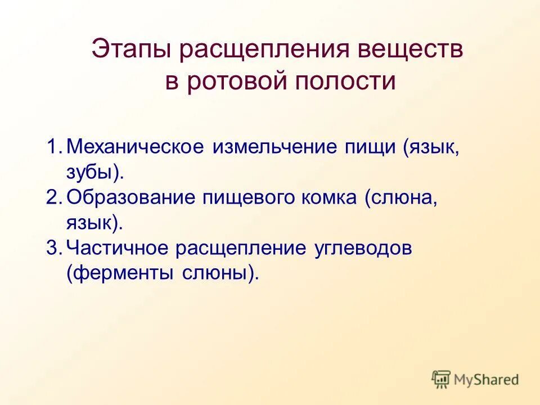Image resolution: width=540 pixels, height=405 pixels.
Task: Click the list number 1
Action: (x=53, y=147)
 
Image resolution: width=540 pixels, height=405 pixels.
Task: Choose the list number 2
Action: (x=53, y=197)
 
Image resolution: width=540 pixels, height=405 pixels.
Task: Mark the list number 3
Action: (x=53, y=247)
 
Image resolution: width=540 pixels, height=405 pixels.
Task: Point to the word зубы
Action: (x=90, y=173)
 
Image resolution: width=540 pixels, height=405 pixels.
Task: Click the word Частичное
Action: (x=118, y=248)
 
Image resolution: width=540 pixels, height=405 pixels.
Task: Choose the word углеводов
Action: (x=363, y=249)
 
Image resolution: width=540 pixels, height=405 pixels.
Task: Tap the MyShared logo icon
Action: (x=442, y=379)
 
